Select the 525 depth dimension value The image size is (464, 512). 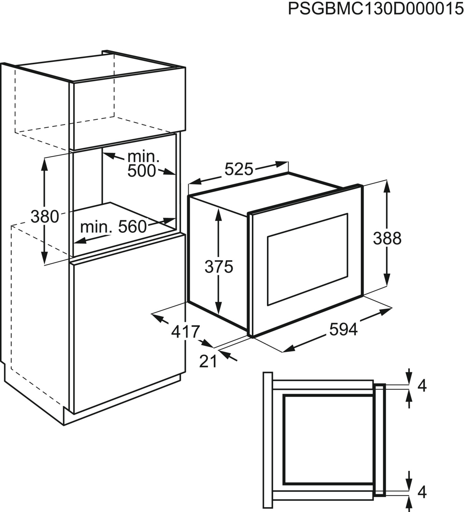click(239, 169)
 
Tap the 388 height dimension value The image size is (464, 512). click(387, 238)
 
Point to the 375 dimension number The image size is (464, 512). click(219, 267)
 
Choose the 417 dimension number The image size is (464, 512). click(185, 331)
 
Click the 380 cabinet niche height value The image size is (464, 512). click(45, 216)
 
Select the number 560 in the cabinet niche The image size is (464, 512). click(132, 226)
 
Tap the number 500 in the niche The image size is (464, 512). click(141, 171)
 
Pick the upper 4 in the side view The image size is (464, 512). click(422, 386)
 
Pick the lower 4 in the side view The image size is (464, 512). click(422, 492)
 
